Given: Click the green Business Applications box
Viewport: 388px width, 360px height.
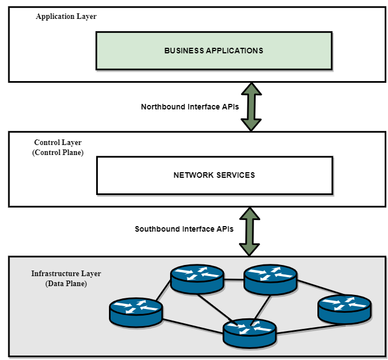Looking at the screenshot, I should [213, 51].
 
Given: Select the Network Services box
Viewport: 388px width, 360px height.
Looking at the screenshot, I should [214, 175].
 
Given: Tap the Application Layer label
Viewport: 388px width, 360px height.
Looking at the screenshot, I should [66, 17].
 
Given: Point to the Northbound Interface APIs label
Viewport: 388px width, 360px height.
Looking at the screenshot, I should [190, 107].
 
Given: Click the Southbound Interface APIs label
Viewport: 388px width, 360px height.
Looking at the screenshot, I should [184, 228].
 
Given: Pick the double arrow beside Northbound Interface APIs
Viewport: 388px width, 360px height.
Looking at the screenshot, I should [251, 107].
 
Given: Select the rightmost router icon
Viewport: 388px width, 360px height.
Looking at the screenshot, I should [344, 309].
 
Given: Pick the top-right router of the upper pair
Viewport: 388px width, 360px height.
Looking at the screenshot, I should [271, 279].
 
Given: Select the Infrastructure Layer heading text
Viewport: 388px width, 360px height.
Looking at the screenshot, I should [66, 274].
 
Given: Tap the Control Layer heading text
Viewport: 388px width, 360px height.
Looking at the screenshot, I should [58, 143].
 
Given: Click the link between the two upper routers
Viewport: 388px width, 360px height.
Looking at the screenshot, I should [234, 279].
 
